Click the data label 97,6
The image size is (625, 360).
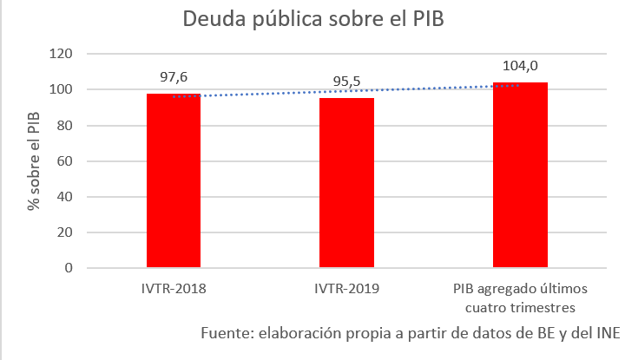(x=173, y=77)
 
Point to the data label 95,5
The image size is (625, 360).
(x=347, y=83)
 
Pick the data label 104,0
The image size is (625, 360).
(x=521, y=66)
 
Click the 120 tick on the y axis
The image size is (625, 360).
(x=61, y=54)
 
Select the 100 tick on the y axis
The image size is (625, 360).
(x=61, y=89)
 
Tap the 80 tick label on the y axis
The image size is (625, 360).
(x=64, y=126)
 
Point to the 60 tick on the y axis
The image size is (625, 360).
(x=64, y=161)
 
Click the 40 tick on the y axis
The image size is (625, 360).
(x=64, y=197)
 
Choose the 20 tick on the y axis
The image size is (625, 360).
(x=64, y=232)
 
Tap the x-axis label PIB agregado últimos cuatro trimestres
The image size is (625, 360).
(x=520, y=297)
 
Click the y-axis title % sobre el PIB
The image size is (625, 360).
(x=33, y=161)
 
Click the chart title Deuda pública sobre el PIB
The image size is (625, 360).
(x=312, y=20)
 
